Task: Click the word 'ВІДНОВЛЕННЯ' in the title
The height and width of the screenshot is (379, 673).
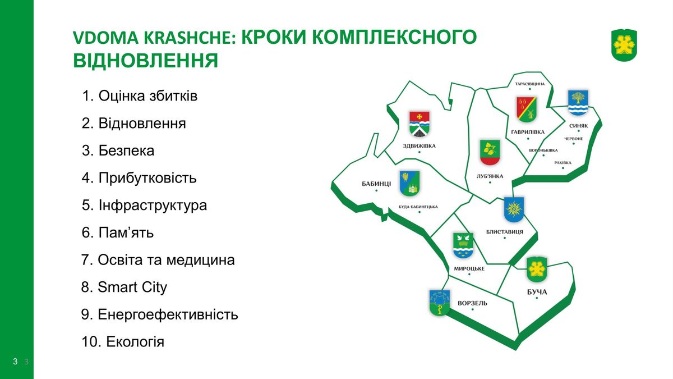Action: [x=145, y=61]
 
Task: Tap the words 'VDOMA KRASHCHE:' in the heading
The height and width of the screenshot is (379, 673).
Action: [x=154, y=37]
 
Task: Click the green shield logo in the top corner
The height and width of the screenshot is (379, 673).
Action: [x=624, y=45]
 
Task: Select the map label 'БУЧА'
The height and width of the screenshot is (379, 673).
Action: [x=537, y=292]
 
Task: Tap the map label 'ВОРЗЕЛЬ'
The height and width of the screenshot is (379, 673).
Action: [x=472, y=303]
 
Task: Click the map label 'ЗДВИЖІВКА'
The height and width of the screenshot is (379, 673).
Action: [x=419, y=146]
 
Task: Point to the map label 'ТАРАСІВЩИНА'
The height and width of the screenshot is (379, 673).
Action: [x=529, y=84]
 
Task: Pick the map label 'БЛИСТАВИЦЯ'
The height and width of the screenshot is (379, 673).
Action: [x=504, y=232]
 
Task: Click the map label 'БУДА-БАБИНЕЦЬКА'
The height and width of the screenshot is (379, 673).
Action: [x=418, y=207]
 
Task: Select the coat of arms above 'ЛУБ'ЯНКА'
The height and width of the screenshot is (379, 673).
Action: [x=490, y=153]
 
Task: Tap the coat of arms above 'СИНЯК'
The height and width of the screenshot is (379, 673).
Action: [x=578, y=103]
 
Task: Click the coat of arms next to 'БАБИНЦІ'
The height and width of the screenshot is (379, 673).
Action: [x=409, y=184]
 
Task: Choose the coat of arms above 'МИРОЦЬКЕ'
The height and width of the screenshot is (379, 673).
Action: [x=463, y=246]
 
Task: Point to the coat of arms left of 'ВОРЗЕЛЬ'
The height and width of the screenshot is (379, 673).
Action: [x=440, y=303]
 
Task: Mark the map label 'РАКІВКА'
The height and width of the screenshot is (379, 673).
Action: [x=563, y=163]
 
